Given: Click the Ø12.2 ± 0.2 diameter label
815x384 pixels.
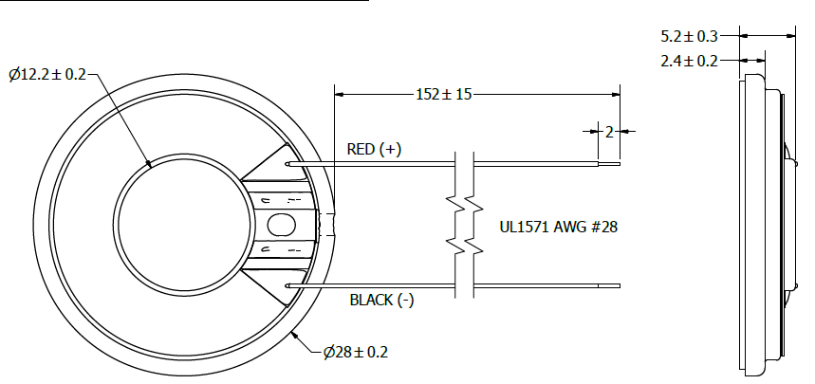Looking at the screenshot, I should (46, 74).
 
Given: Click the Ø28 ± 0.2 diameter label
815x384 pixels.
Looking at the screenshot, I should (356, 353).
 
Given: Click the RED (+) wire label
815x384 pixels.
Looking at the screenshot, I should (374, 149).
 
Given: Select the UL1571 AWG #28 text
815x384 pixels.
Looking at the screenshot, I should (559, 228).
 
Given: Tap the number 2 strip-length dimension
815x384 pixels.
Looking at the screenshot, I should (610, 131).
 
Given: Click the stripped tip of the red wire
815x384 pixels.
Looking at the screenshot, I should (609, 163).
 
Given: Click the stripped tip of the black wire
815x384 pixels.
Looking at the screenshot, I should (609, 284).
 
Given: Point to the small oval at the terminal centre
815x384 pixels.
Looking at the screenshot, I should (281, 225).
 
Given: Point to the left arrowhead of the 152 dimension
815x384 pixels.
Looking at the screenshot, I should (339, 94).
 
